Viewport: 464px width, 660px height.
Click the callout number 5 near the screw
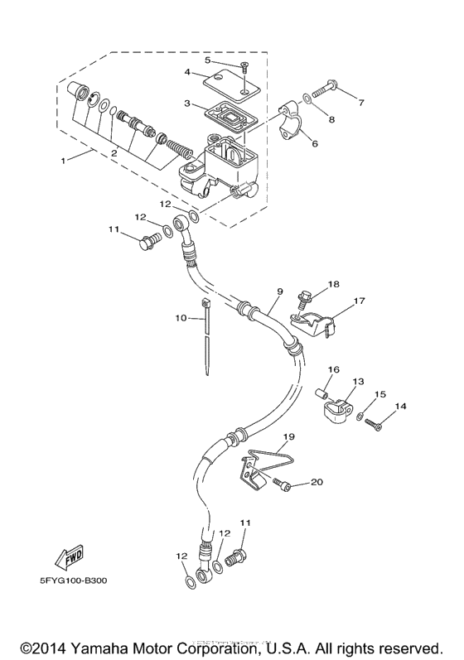[208, 60]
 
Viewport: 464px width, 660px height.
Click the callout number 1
[63, 159]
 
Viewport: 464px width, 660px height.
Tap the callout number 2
[114, 152]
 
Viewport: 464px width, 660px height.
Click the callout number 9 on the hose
[280, 291]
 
